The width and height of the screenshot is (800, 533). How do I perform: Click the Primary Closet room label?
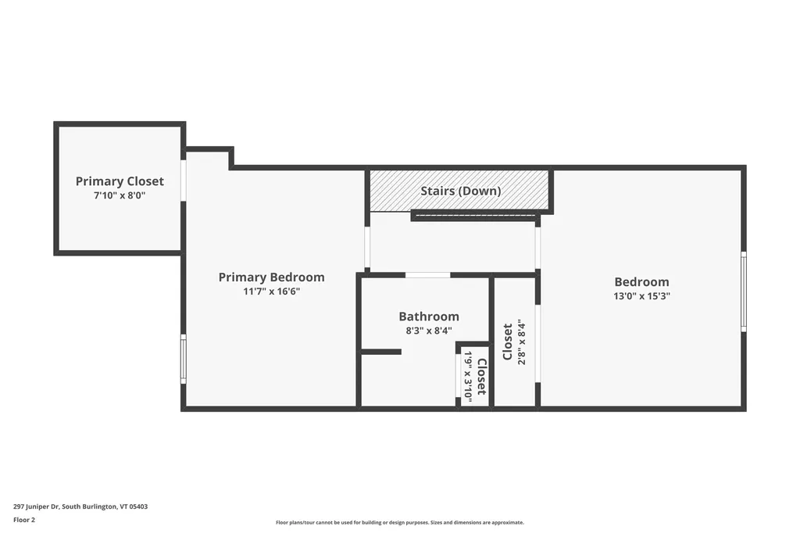[120, 181]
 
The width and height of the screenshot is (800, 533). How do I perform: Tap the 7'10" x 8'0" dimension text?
[120, 196]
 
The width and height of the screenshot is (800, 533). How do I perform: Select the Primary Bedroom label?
[271, 277]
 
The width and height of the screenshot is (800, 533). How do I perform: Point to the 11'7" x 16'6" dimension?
[271, 292]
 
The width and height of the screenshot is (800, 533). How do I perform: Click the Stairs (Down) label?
[461, 191]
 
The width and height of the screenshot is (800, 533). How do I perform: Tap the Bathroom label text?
[429, 317]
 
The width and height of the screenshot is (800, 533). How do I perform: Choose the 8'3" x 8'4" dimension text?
[429, 331]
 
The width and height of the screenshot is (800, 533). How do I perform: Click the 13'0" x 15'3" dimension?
[641, 296]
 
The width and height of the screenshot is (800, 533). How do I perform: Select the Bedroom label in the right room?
[641, 282]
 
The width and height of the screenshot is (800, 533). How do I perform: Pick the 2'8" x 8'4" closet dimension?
[522, 343]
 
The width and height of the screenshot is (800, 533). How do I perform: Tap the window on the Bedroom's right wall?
[743, 292]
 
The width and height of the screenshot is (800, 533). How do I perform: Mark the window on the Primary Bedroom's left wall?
[184, 359]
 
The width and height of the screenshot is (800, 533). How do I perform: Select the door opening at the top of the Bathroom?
[427, 275]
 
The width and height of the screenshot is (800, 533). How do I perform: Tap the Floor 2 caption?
[25, 519]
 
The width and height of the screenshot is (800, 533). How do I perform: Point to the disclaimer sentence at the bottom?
[399, 522]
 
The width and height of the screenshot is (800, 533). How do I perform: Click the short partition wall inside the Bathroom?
[381, 352]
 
